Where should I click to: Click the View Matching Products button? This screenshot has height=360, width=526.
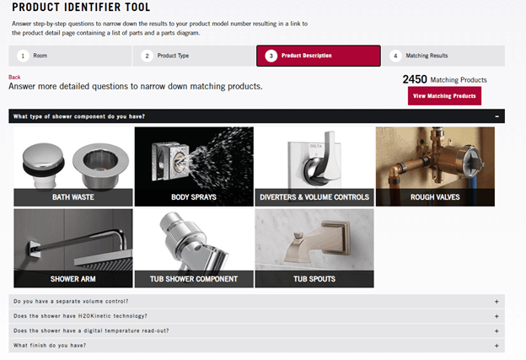click(x=444, y=96)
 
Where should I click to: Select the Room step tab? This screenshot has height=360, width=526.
click(x=70, y=56)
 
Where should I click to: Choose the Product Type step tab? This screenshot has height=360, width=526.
click(x=194, y=56)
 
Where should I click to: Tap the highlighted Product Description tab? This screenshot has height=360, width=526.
click(x=318, y=56)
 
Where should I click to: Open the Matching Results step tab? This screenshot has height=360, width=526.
click(x=443, y=56)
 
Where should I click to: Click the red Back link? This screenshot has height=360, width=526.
click(x=14, y=77)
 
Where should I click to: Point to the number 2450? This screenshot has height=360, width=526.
click(x=414, y=79)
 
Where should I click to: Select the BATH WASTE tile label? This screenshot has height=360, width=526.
click(x=73, y=197)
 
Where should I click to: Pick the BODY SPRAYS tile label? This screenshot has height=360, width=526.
click(x=194, y=197)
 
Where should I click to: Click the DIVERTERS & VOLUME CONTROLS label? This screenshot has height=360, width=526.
click(x=314, y=197)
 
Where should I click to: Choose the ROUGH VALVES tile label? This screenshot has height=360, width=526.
click(x=434, y=197)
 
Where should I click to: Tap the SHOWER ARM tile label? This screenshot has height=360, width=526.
click(x=73, y=278)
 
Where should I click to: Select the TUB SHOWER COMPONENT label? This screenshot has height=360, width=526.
click(x=194, y=278)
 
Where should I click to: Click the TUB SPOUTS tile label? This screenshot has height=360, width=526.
click(x=314, y=278)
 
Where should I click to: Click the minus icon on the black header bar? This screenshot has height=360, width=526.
click(x=497, y=116)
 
